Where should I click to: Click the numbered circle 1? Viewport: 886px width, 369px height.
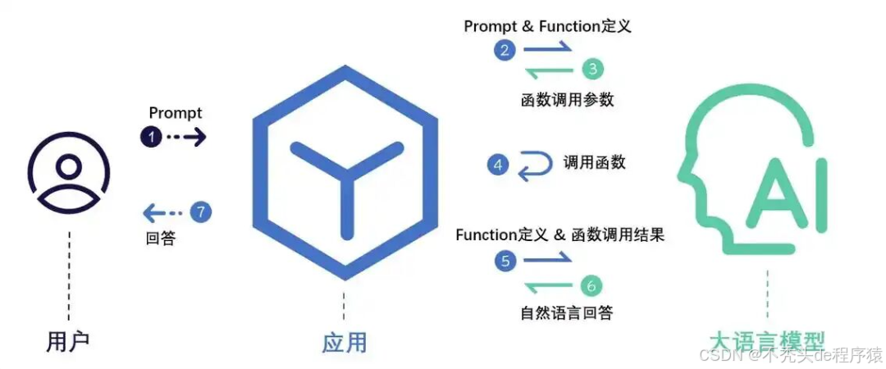click(151, 137)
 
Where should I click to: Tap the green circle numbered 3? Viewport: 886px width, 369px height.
click(592, 69)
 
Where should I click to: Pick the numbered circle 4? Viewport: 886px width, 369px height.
click(497, 165)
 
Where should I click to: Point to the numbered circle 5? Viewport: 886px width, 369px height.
click(505, 261)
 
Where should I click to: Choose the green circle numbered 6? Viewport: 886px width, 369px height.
click(591, 285)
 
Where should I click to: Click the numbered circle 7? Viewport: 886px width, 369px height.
click(201, 212)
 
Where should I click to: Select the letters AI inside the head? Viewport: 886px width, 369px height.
click(784, 194)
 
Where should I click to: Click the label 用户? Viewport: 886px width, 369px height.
click(69, 340)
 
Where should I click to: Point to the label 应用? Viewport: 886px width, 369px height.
click(344, 342)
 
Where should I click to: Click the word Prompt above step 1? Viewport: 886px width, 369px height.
click(176, 113)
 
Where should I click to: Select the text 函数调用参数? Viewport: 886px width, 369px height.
click(567, 100)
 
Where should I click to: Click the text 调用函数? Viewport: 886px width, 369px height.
click(595, 162)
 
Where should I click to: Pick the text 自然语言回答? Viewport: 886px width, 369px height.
click(567, 312)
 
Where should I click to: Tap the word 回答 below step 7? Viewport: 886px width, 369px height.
click(160, 239)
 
